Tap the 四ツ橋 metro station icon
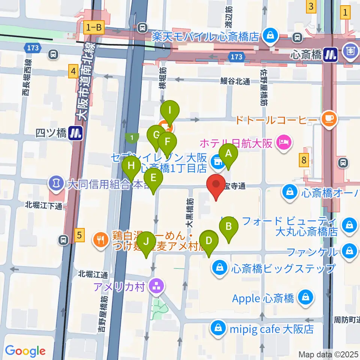[x=76, y=133]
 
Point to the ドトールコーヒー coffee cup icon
[x=330, y=119]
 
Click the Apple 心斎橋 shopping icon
[x=306, y=298]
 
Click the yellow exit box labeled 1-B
[x=94, y=27]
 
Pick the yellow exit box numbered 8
[x=304, y=160]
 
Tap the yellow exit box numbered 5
[x=78, y=235]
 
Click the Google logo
[x=25, y=351]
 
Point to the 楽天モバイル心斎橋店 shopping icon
[x=269, y=36]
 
